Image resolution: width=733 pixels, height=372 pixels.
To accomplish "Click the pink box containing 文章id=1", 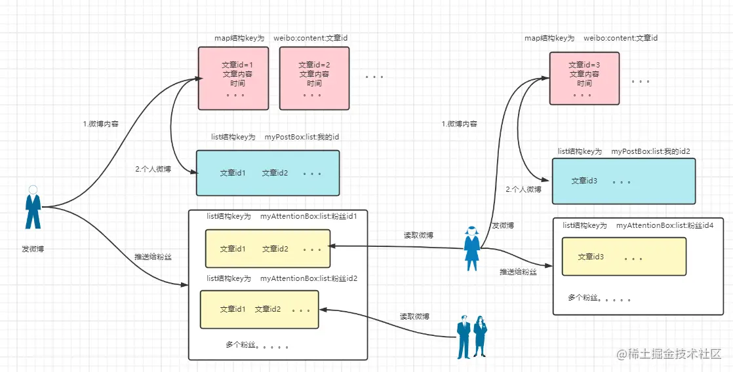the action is tap(233, 78).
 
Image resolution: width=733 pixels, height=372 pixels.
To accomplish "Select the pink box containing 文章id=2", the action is tap(314, 78).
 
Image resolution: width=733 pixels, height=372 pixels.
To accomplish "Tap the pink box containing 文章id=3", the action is tap(584, 78).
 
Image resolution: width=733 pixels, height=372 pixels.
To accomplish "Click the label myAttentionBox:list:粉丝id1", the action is tap(309, 217).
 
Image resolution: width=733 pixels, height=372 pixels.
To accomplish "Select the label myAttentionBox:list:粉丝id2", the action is tap(309, 278).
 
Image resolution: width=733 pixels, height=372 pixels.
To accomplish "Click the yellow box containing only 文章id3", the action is tap(624, 256).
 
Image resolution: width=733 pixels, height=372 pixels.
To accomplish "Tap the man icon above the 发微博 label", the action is tap(33, 207).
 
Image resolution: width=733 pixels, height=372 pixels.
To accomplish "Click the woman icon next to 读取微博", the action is tap(471, 248).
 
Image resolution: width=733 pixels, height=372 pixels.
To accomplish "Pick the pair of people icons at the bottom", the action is tap(472, 337).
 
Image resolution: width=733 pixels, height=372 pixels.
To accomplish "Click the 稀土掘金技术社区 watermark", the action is tap(669, 354).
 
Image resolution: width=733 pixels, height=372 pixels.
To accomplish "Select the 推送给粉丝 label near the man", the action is tap(153, 257).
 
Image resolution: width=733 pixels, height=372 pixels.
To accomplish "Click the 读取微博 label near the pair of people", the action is tap(414, 316).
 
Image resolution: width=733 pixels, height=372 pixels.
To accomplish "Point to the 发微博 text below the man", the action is tap(33, 249).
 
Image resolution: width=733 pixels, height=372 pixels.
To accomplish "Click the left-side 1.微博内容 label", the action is tap(100, 124).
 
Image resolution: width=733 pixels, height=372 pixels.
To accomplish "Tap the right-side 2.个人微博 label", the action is tap(524, 189).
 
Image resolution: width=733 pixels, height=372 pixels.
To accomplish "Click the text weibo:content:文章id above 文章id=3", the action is tap(621, 38).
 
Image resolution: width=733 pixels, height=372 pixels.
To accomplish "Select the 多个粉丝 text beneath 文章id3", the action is tap(600, 298).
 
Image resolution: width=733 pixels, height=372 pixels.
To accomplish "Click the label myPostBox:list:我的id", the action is tap(302, 138).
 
